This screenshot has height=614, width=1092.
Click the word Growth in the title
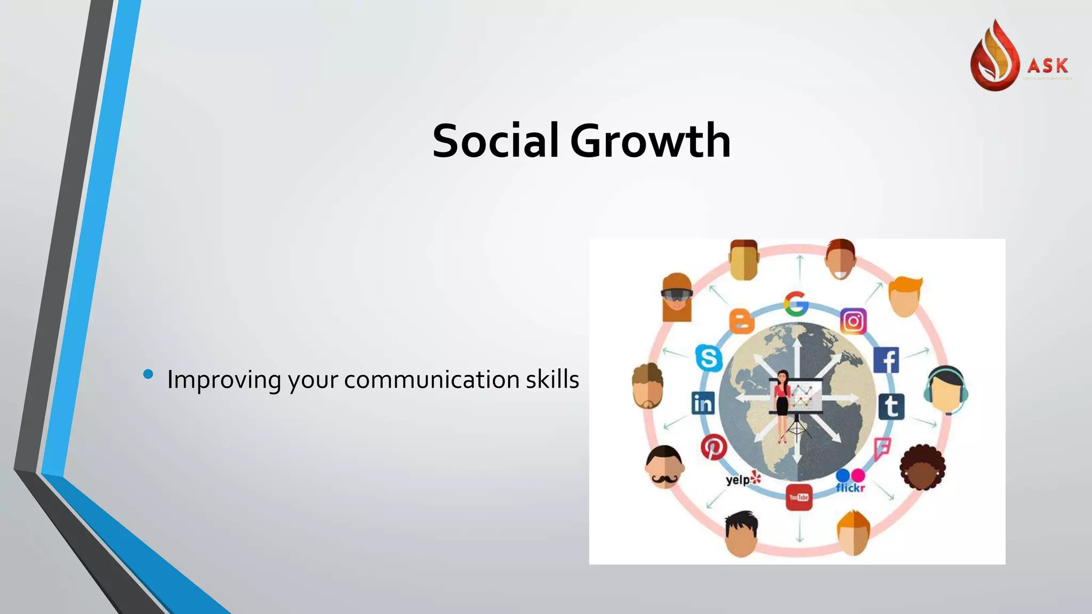(650, 141)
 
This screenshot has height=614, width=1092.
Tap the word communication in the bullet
(431, 379)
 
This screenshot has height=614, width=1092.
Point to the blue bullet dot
(148, 374)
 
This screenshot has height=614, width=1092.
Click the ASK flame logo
(994, 56)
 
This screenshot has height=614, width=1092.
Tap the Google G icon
(796, 304)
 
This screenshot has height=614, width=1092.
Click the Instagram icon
(853, 321)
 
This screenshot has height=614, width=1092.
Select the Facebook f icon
(887, 360)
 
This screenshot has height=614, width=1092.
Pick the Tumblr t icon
(891, 406)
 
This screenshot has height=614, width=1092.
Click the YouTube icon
(799, 497)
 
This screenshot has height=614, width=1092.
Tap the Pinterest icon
(713, 447)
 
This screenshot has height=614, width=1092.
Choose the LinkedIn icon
(703, 403)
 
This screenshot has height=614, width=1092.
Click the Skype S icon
(709, 358)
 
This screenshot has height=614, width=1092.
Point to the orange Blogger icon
(741, 321)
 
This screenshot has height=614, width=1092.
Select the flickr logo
(850, 481)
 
